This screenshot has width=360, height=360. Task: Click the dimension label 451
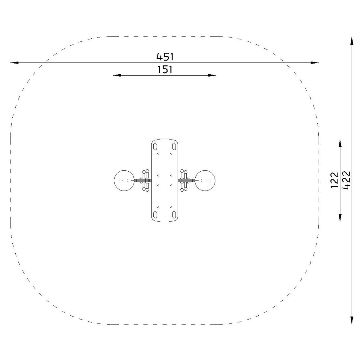coord(165,57)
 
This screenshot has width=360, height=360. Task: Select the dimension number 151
coord(165,70)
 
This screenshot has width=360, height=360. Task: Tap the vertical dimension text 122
coord(334,180)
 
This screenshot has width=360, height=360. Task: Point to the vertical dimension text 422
coord(346,180)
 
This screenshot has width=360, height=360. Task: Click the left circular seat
coord(124,181)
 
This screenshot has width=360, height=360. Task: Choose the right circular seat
coord(205,181)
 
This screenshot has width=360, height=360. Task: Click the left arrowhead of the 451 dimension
coord(14,63)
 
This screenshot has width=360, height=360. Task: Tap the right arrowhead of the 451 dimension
coord(315,63)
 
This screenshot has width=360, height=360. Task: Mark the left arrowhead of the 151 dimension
coord(117,75)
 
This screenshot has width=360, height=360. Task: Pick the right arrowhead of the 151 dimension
coord(212,75)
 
